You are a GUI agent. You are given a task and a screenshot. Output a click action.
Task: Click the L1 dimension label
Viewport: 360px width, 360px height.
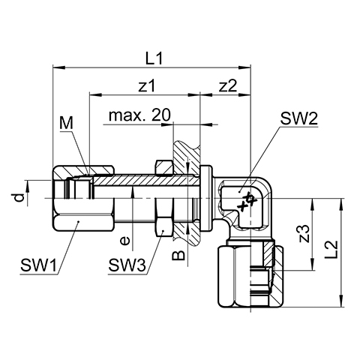pos(154,58)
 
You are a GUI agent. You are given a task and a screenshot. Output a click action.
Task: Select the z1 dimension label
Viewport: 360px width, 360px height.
pos(146,86)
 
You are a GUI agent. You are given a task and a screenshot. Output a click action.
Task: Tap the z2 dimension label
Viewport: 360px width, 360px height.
pos(228,86)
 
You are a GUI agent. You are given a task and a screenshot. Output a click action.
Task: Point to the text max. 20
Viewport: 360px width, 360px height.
pos(139,115)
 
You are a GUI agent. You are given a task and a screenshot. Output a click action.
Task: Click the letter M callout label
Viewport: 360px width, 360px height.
pos(66,123)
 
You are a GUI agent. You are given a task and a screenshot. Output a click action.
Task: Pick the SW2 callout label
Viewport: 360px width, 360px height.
pos(298,118)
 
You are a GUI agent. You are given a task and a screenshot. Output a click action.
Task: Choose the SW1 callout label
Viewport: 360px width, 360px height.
pos(39,265)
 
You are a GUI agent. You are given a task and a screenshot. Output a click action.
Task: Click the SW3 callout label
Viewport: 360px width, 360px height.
pos(127,265)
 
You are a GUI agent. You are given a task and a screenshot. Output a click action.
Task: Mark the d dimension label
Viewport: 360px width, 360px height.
pos(19,197)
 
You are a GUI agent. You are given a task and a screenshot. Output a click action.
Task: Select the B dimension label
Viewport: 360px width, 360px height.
pos(179,255)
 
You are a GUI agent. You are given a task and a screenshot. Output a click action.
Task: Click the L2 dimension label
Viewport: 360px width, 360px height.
pos(332,250)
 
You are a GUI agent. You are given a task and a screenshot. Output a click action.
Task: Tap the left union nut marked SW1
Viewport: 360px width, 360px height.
pos(83,198)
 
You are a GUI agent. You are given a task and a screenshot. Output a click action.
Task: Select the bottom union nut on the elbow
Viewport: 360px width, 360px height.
pos(251,277)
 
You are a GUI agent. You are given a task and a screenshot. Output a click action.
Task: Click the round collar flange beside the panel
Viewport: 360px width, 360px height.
pos(206,198)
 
